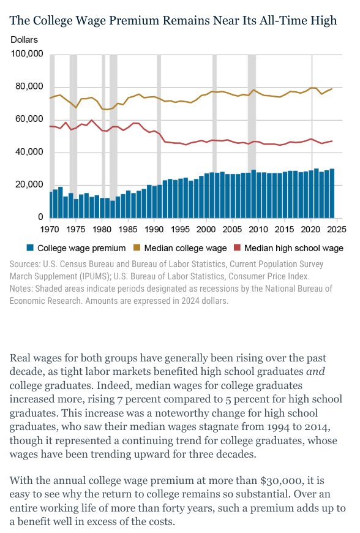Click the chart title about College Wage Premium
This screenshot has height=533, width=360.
[x=173, y=21]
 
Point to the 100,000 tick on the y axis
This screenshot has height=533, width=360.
[x=27, y=54]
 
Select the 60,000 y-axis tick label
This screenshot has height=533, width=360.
[x=29, y=119]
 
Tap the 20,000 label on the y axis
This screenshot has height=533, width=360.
[x=29, y=184]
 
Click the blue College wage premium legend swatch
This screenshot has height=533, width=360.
[x=29, y=248]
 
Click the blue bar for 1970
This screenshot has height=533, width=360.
[x=50, y=205]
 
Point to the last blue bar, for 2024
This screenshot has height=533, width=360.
[x=332, y=193]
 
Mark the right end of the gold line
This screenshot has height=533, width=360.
[x=332, y=89]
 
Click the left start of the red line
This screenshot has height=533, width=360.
[x=50, y=126]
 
